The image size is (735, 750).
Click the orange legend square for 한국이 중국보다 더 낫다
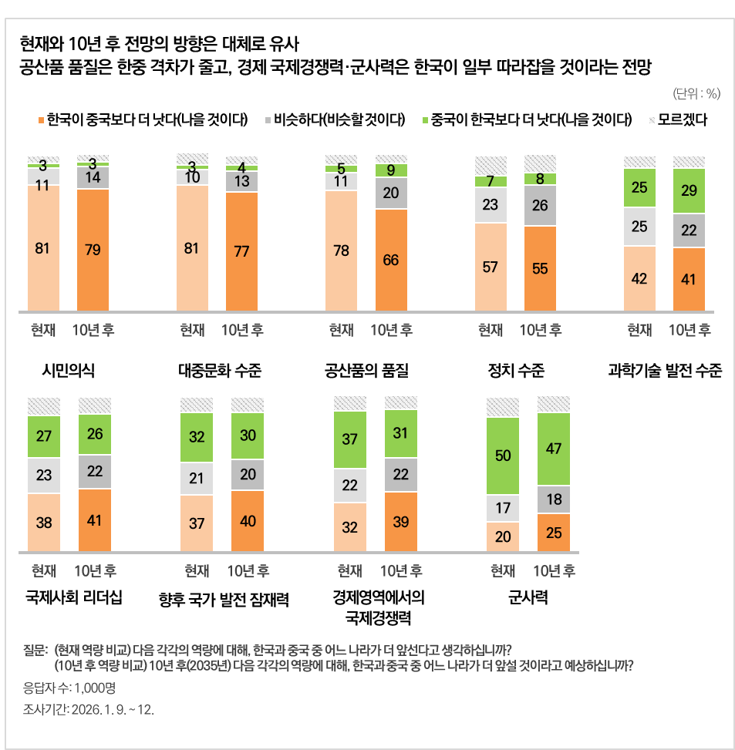pyautogui.click(x=41, y=120)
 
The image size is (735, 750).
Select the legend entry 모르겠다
pyautogui.click(x=652, y=120)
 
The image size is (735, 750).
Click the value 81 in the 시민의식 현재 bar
pyautogui.click(x=43, y=248)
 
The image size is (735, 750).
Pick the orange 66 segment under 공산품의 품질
pyautogui.click(x=390, y=260)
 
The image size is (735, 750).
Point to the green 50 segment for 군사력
pyautogui.click(x=503, y=456)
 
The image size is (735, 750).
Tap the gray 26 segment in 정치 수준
pyautogui.click(x=540, y=206)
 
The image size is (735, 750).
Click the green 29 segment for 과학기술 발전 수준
pyautogui.click(x=689, y=190)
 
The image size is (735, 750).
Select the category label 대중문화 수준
pyautogui.click(x=220, y=372)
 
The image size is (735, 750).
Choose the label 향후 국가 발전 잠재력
pyautogui.click(x=224, y=599)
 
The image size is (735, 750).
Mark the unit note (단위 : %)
pyautogui.click(x=696, y=94)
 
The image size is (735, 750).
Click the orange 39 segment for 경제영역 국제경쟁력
pyautogui.click(x=401, y=522)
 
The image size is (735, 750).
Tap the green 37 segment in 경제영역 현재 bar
pyautogui.click(x=350, y=439)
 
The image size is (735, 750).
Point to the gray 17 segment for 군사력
pyautogui.click(x=503, y=509)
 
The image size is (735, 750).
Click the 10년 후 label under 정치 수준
pyautogui.click(x=541, y=330)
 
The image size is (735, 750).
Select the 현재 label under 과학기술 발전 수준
pyautogui.click(x=639, y=330)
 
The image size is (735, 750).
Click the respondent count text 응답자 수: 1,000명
pyautogui.click(x=70, y=688)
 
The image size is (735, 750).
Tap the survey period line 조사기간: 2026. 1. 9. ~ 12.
pyautogui.click(x=89, y=709)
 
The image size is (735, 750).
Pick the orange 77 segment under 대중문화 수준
pyautogui.click(x=241, y=251)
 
